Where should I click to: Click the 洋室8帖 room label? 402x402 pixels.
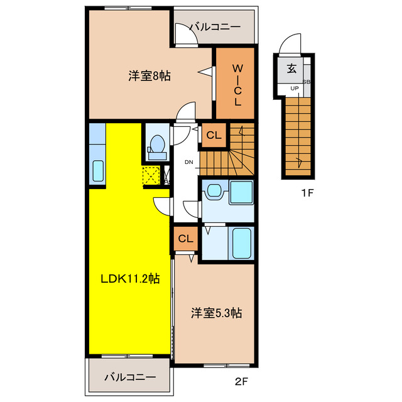149,77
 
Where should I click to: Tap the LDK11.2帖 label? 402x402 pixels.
129,279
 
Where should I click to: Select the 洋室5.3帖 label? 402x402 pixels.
217,313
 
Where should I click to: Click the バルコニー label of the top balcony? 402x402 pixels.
215,28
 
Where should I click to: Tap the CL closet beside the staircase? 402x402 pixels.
214,134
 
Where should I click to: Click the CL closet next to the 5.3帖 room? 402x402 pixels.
185,239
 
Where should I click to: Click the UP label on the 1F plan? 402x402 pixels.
294,89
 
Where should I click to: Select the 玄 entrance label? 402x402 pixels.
292,69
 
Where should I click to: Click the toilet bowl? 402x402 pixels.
156,144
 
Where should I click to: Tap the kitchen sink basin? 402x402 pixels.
98,171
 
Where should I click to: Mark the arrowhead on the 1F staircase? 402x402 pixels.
300,163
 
